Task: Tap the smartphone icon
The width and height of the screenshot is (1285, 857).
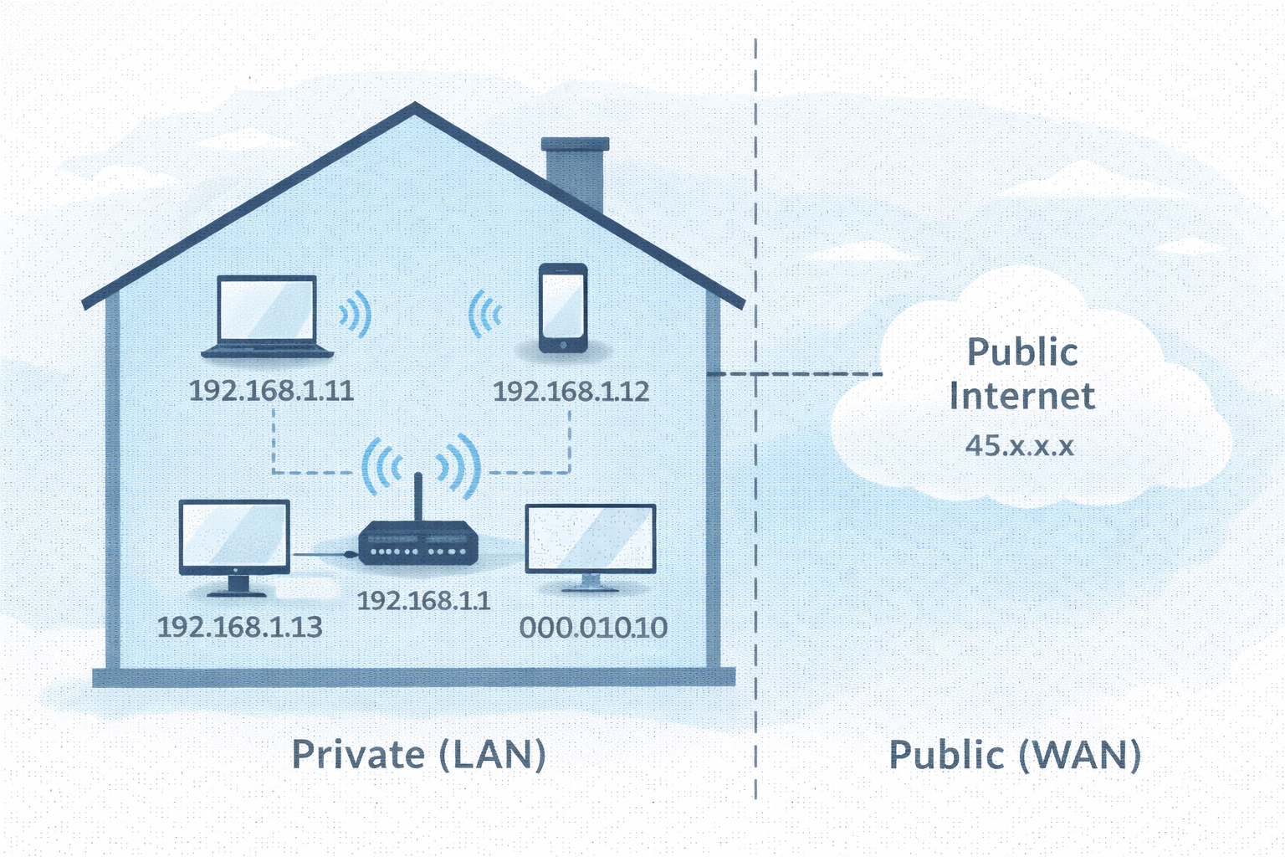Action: pos(563,307)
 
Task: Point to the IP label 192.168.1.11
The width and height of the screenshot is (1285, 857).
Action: pos(271,391)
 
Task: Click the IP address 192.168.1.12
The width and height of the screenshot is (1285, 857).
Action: pos(571,391)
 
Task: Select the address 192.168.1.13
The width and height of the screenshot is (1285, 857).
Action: pos(239,627)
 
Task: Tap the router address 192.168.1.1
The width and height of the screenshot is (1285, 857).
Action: pos(423,600)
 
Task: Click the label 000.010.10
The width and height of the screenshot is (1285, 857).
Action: pos(593,628)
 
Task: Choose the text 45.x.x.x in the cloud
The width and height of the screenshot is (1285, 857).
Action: pos(1019,445)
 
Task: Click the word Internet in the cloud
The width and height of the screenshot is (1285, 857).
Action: pos(1021,397)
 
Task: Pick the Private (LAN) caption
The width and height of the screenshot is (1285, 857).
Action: pos(418,755)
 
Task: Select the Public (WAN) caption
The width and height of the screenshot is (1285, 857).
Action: pos(1015,755)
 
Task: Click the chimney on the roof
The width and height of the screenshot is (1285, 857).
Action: pos(575,172)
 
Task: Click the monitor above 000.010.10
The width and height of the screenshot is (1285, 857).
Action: pos(590,541)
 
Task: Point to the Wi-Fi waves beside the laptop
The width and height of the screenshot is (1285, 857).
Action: pos(356,315)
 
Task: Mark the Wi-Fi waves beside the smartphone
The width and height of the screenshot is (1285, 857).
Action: pos(484,315)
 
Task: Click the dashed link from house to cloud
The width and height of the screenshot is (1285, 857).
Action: pos(795,374)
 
